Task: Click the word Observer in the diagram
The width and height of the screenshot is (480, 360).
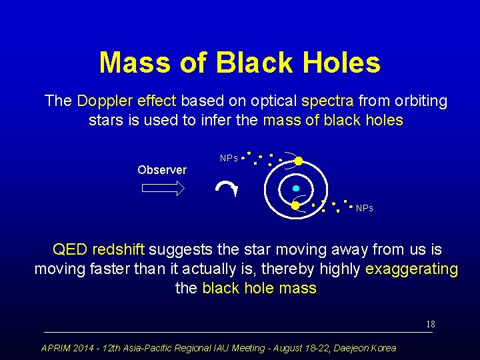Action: (x=162, y=170)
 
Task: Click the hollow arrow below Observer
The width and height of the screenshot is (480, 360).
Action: (x=163, y=189)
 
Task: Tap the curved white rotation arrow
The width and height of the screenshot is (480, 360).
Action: (x=227, y=189)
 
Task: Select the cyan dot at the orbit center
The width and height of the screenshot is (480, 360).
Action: (x=296, y=189)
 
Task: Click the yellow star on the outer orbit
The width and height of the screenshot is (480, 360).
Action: (x=299, y=161)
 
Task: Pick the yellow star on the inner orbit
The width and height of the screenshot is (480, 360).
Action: (x=295, y=205)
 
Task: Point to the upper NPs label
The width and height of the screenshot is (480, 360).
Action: (x=229, y=159)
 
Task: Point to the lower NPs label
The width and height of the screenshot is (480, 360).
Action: (x=364, y=209)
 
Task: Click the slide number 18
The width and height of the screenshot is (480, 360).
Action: (x=431, y=325)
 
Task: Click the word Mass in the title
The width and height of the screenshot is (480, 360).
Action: (x=135, y=63)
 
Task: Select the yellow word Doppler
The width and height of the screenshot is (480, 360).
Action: (x=105, y=101)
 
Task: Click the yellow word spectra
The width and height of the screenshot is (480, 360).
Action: (x=327, y=101)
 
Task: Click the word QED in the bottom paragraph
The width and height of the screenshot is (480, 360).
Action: (x=70, y=250)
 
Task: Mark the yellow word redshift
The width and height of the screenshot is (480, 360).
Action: (x=118, y=250)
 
